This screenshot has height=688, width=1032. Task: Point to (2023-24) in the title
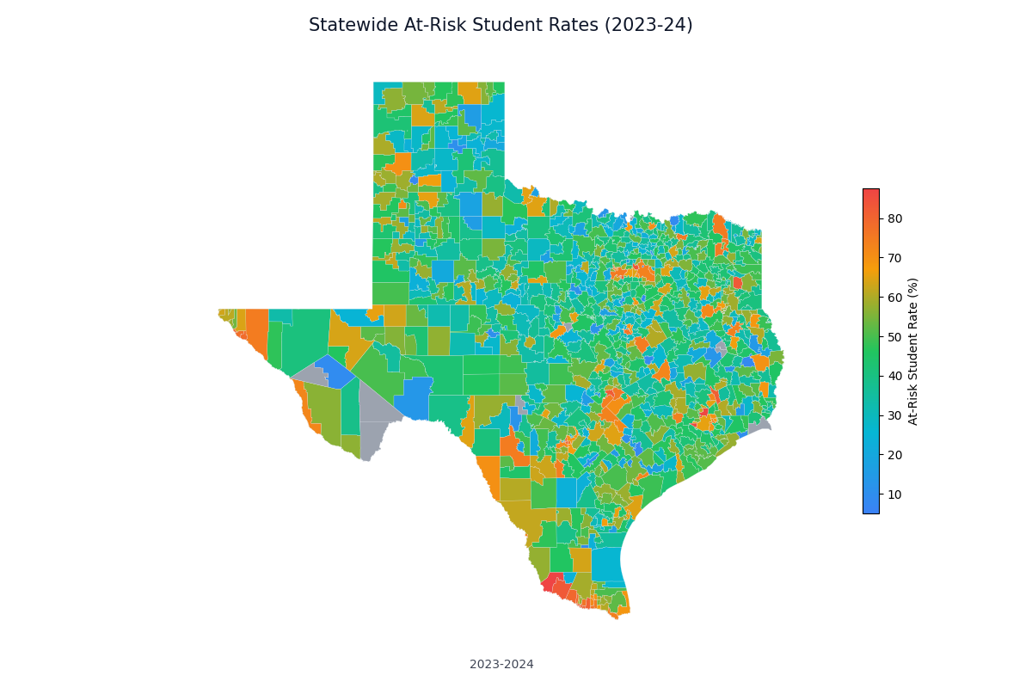pyautogui.click(x=648, y=25)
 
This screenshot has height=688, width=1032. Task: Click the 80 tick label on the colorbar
pyautogui.click(x=894, y=218)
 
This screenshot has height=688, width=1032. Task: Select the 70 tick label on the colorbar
pyautogui.click(x=894, y=258)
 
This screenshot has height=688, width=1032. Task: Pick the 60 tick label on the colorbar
pyautogui.click(x=894, y=298)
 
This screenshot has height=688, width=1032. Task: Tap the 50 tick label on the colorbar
pyautogui.click(x=894, y=337)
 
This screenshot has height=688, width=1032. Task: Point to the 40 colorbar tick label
pyautogui.click(x=894, y=376)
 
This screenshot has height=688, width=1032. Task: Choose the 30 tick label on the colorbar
pyautogui.click(x=894, y=415)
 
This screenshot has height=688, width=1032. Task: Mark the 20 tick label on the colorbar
pyautogui.click(x=894, y=455)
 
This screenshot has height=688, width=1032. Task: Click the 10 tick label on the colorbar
pyautogui.click(x=894, y=494)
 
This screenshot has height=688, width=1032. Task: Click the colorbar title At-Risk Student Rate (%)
pyautogui.click(x=913, y=351)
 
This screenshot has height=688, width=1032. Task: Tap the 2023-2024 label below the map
pyautogui.click(x=501, y=664)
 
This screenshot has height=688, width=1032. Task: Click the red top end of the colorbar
pyautogui.click(x=871, y=193)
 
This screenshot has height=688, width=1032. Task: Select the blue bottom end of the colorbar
pyautogui.click(x=871, y=509)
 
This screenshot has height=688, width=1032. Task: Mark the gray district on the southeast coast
pyautogui.click(x=760, y=425)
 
